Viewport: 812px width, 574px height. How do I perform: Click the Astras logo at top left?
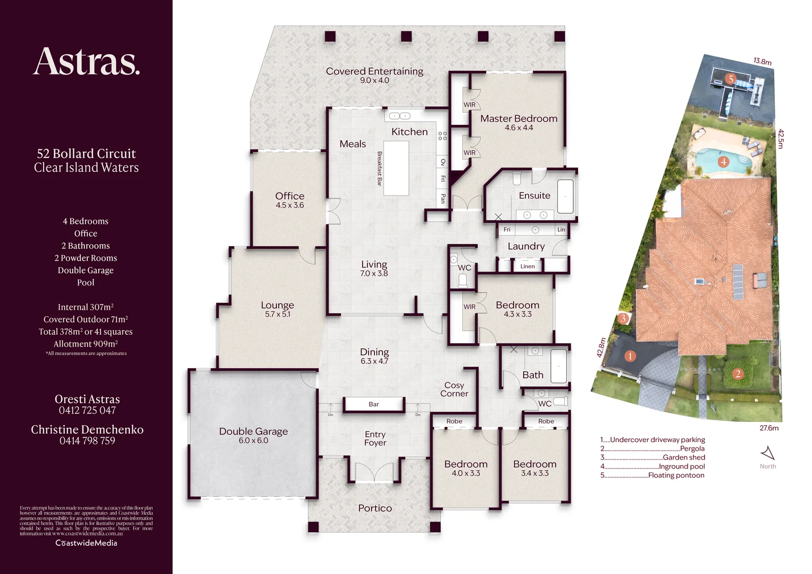click(87, 62)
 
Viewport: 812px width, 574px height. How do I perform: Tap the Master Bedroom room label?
click(518, 119)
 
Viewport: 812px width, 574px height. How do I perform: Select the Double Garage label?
click(253, 432)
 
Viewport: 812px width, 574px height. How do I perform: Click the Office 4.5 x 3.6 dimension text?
click(289, 205)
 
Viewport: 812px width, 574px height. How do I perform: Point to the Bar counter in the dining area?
click(374, 404)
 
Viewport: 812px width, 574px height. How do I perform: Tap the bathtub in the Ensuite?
click(565, 197)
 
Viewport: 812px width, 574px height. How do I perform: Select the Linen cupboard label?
click(528, 266)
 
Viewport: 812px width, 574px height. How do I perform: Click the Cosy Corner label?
click(454, 389)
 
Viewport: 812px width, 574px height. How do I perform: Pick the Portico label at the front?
click(375, 508)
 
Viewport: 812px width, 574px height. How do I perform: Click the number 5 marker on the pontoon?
click(731, 79)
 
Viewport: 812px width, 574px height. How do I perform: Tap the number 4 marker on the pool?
click(723, 162)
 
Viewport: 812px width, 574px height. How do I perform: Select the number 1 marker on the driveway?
click(630, 356)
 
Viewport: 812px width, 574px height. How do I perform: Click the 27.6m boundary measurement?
click(769, 428)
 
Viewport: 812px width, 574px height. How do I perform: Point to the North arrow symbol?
click(768, 453)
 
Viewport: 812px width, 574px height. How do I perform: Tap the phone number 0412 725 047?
click(87, 410)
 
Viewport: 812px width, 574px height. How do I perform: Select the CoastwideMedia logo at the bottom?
click(86, 543)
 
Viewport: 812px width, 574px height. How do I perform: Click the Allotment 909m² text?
click(86, 344)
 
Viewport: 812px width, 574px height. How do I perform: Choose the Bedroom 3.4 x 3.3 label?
click(534, 468)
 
